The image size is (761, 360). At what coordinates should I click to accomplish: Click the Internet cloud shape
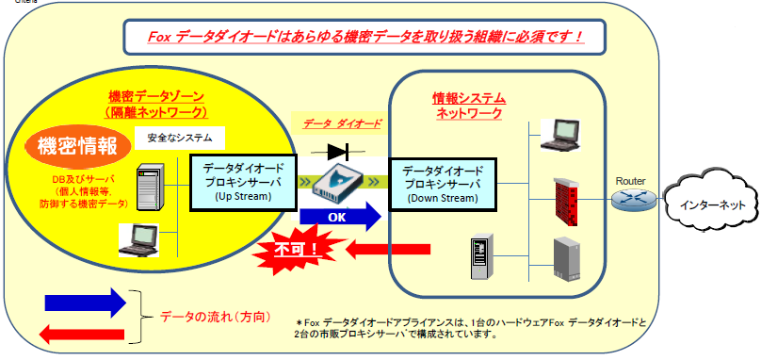(x=707, y=204)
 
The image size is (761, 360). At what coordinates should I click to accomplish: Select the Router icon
(x=629, y=200)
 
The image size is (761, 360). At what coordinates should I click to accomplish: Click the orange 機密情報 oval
(x=77, y=147)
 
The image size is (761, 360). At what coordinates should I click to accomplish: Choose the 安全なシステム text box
(x=180, y=138)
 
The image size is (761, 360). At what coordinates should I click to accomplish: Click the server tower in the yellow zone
(x=154, y=188)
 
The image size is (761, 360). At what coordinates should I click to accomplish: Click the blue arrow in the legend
(x=84, y=302)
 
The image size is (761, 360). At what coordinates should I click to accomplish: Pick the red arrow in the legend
(x=84, y=332)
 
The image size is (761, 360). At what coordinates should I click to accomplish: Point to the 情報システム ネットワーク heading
(x=468, y=105)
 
